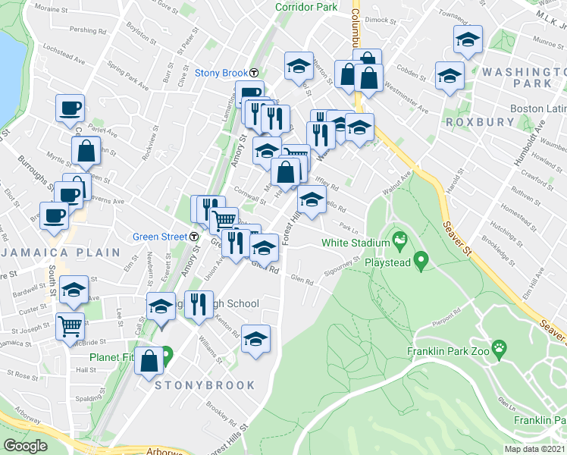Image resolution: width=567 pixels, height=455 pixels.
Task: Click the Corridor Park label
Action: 306,7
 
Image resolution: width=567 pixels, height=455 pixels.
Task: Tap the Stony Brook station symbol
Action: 254,74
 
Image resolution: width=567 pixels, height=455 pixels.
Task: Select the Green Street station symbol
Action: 195,237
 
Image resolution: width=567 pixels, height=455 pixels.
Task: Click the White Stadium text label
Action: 353,243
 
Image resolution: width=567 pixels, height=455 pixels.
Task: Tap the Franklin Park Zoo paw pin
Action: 499,350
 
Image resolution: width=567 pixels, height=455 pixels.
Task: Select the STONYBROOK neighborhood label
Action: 205,385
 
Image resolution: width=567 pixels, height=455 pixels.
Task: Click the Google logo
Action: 26,445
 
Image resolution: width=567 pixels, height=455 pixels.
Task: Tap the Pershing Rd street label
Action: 87,31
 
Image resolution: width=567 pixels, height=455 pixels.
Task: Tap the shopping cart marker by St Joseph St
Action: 70,327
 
